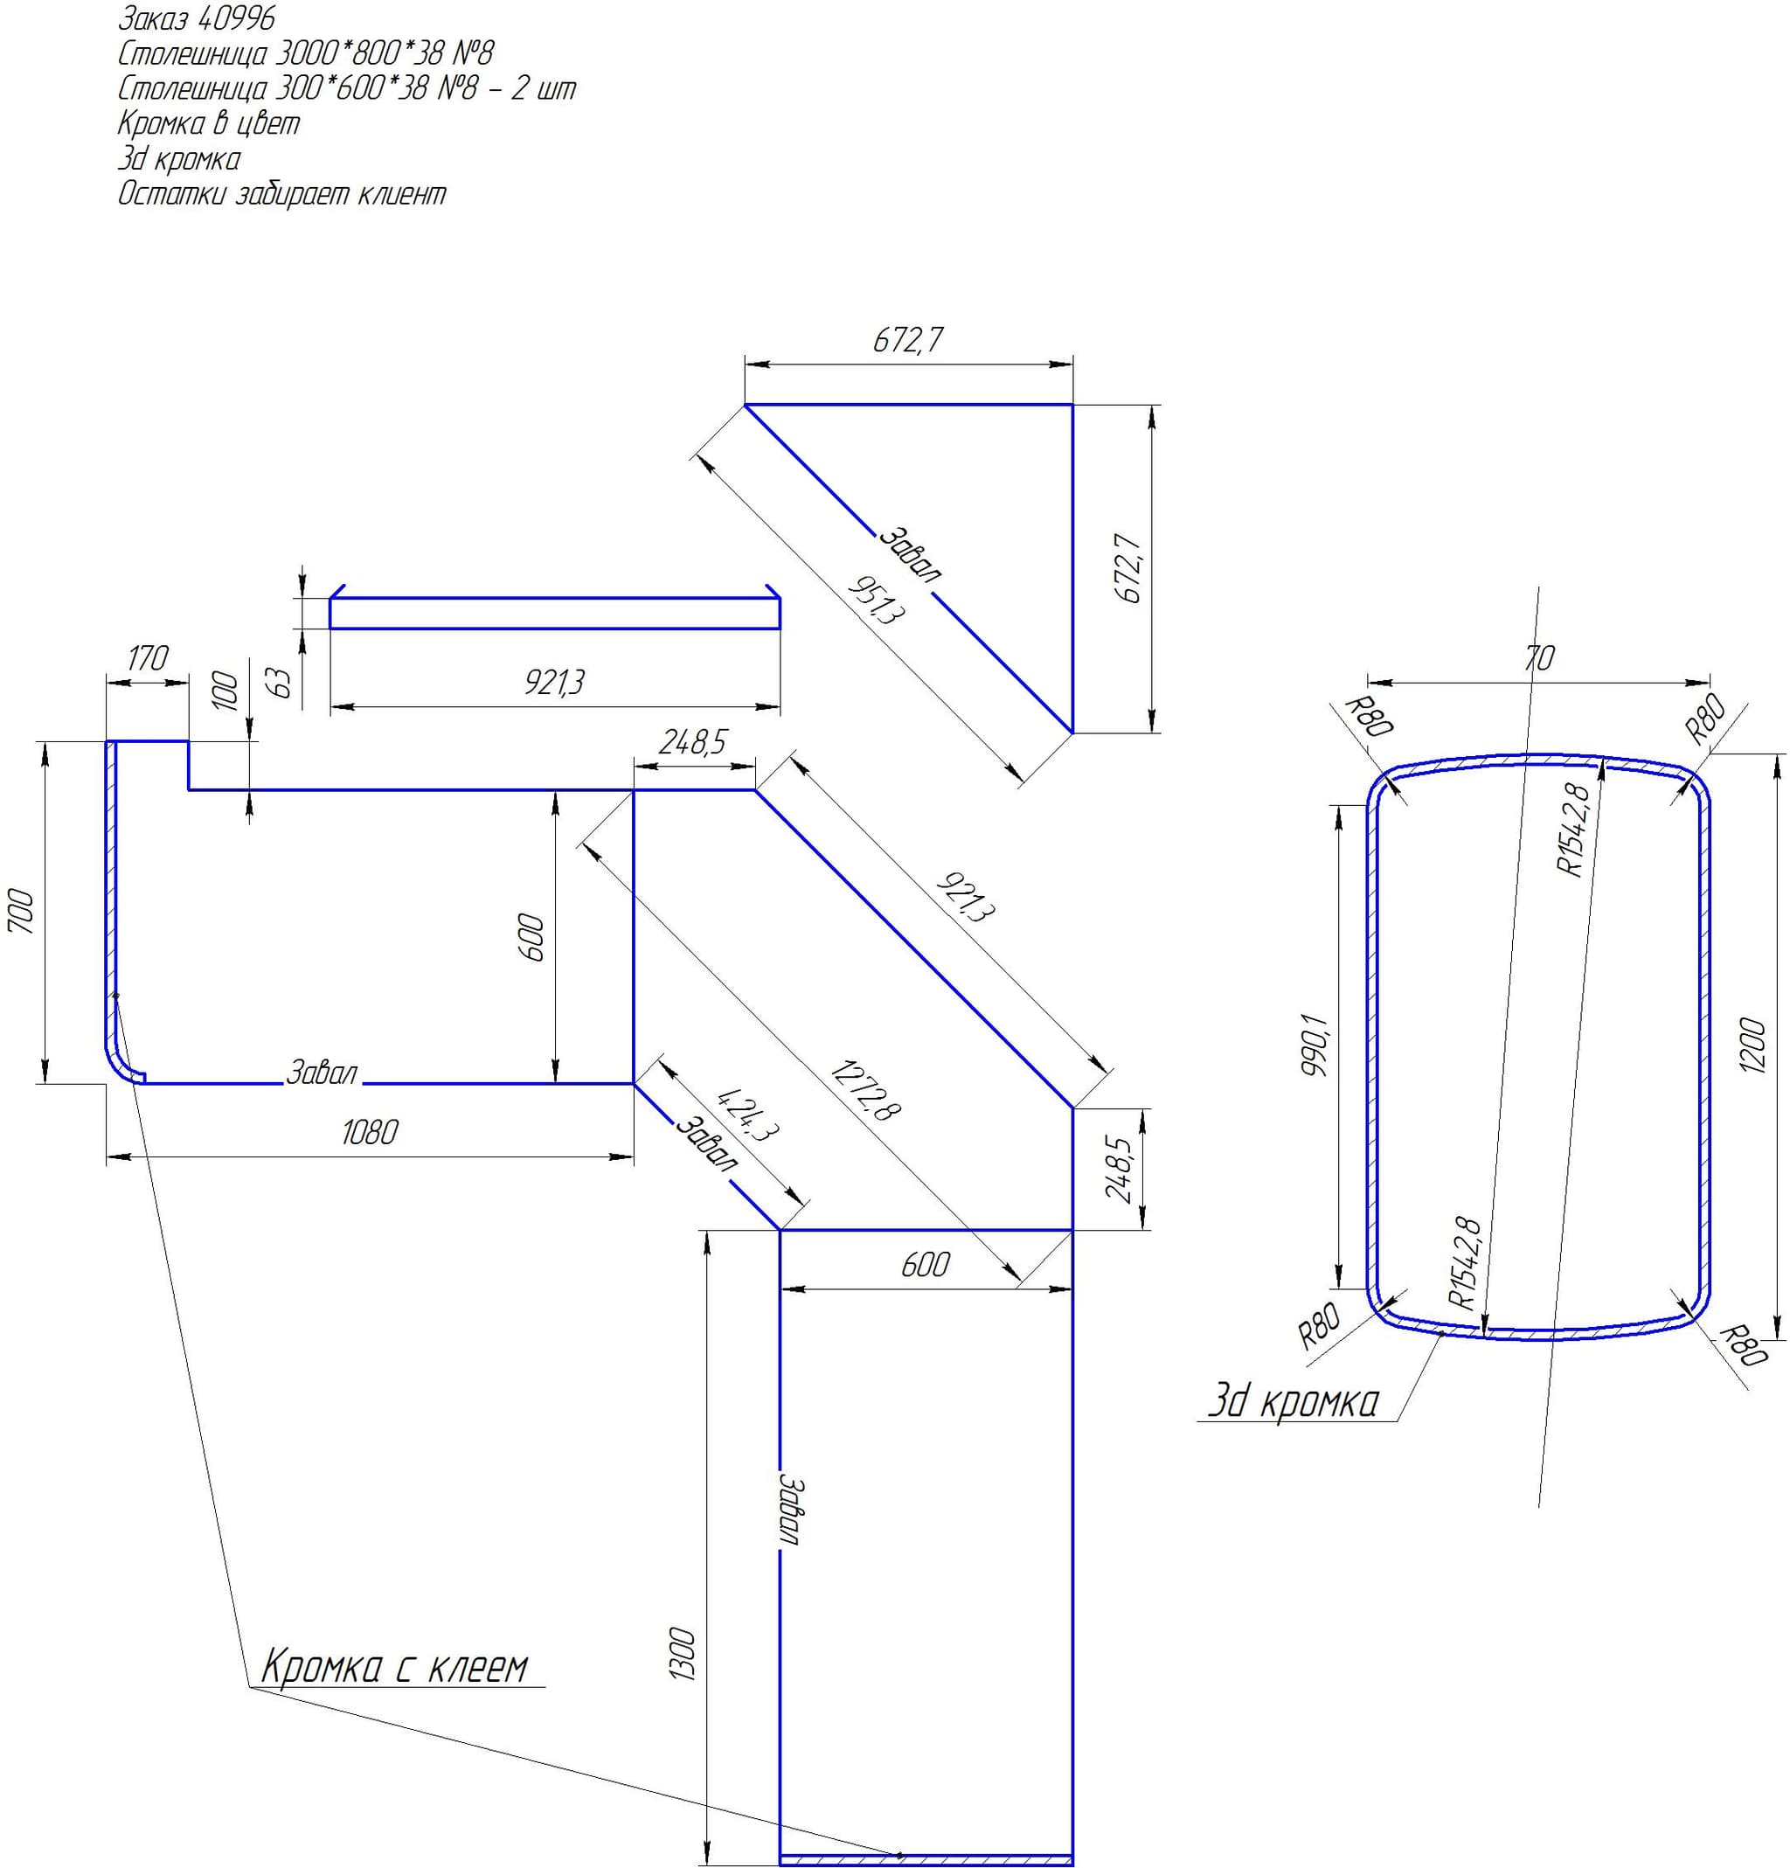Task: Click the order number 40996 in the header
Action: [233, 18]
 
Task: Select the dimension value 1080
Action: [370, 1132]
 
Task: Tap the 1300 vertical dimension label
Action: [685, 1656]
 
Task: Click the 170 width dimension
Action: [147, 658]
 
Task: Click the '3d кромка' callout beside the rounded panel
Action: [1294, 1402]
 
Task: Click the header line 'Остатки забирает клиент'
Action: [282, 194]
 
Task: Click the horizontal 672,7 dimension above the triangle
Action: [908, 340]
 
